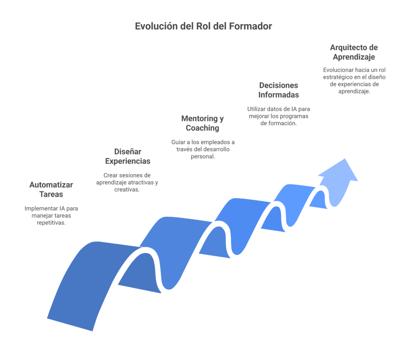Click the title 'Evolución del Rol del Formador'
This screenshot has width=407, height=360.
click(x=203, y=27)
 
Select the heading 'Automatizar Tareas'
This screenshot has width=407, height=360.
click(x=51, y=189)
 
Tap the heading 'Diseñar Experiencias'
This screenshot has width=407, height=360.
click(x=128, y=156)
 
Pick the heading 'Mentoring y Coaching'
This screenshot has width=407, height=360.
click(x=203, y=123)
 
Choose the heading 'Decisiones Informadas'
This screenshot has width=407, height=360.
click(x=279, y=90)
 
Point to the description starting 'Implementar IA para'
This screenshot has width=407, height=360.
click(x=51, y=216)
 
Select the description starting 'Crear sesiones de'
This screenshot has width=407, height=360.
click(x=127, y=182)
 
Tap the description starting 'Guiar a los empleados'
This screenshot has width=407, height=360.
click(x=203, y=149)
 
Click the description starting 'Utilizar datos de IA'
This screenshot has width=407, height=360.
click(x=279, y=116)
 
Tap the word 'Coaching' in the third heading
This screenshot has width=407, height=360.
click(x=203, y=128)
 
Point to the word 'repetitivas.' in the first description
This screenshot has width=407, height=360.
click(x=51, y=223)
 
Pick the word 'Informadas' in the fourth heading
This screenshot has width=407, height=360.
click(x=279, y=95)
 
